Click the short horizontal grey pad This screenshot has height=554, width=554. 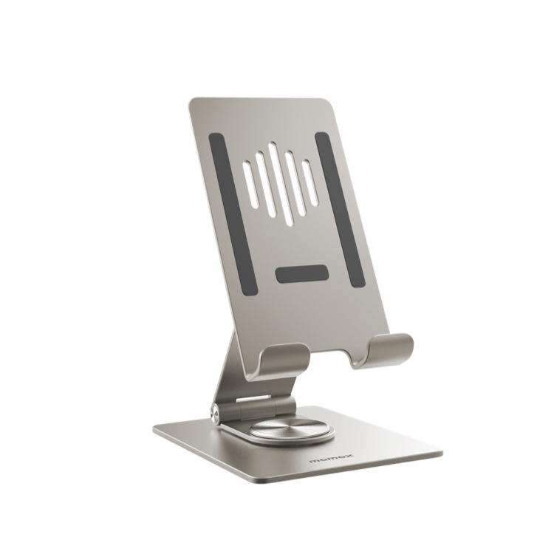(302, 273)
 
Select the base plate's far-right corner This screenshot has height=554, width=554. (442, 451)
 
